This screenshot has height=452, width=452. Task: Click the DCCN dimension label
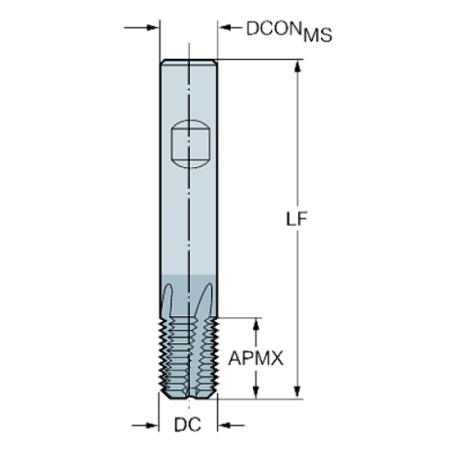point(274,29)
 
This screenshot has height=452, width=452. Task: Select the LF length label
point(297,220)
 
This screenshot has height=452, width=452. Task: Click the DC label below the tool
point(187,426)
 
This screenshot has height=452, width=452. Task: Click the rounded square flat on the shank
point(189,145)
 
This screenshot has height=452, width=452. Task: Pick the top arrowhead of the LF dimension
point(297,66)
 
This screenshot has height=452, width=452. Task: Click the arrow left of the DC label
point(149,426)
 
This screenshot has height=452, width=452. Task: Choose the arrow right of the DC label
point(227,426)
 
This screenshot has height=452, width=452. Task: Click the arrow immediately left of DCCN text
point(228,27)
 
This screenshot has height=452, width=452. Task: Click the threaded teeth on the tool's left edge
point(164,355)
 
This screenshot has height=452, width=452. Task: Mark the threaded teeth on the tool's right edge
point(215,355)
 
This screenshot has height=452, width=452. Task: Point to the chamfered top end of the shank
point(189,62)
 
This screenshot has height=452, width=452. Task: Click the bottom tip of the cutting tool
point(189,398)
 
